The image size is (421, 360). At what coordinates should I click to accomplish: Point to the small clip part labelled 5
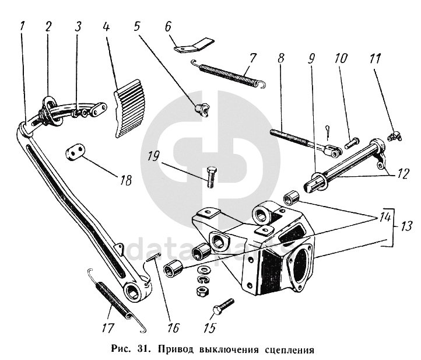[x=202, y=109]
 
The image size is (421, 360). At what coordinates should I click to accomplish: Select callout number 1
[x=22, y=27]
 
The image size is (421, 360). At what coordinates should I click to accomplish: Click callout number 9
[x=311, y=60]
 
